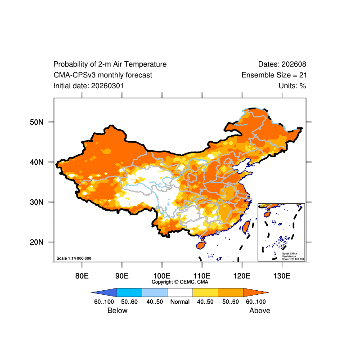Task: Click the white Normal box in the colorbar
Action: [180, 292]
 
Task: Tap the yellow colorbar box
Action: [205, 292]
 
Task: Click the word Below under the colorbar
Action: [117, 310]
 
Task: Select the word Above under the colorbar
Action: [260, 310]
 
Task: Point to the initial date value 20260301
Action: [108, 85]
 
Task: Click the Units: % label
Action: [292, 85]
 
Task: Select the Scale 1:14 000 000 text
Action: [74, 258]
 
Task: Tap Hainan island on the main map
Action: [201, 245]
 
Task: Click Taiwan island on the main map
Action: [246, 227]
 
